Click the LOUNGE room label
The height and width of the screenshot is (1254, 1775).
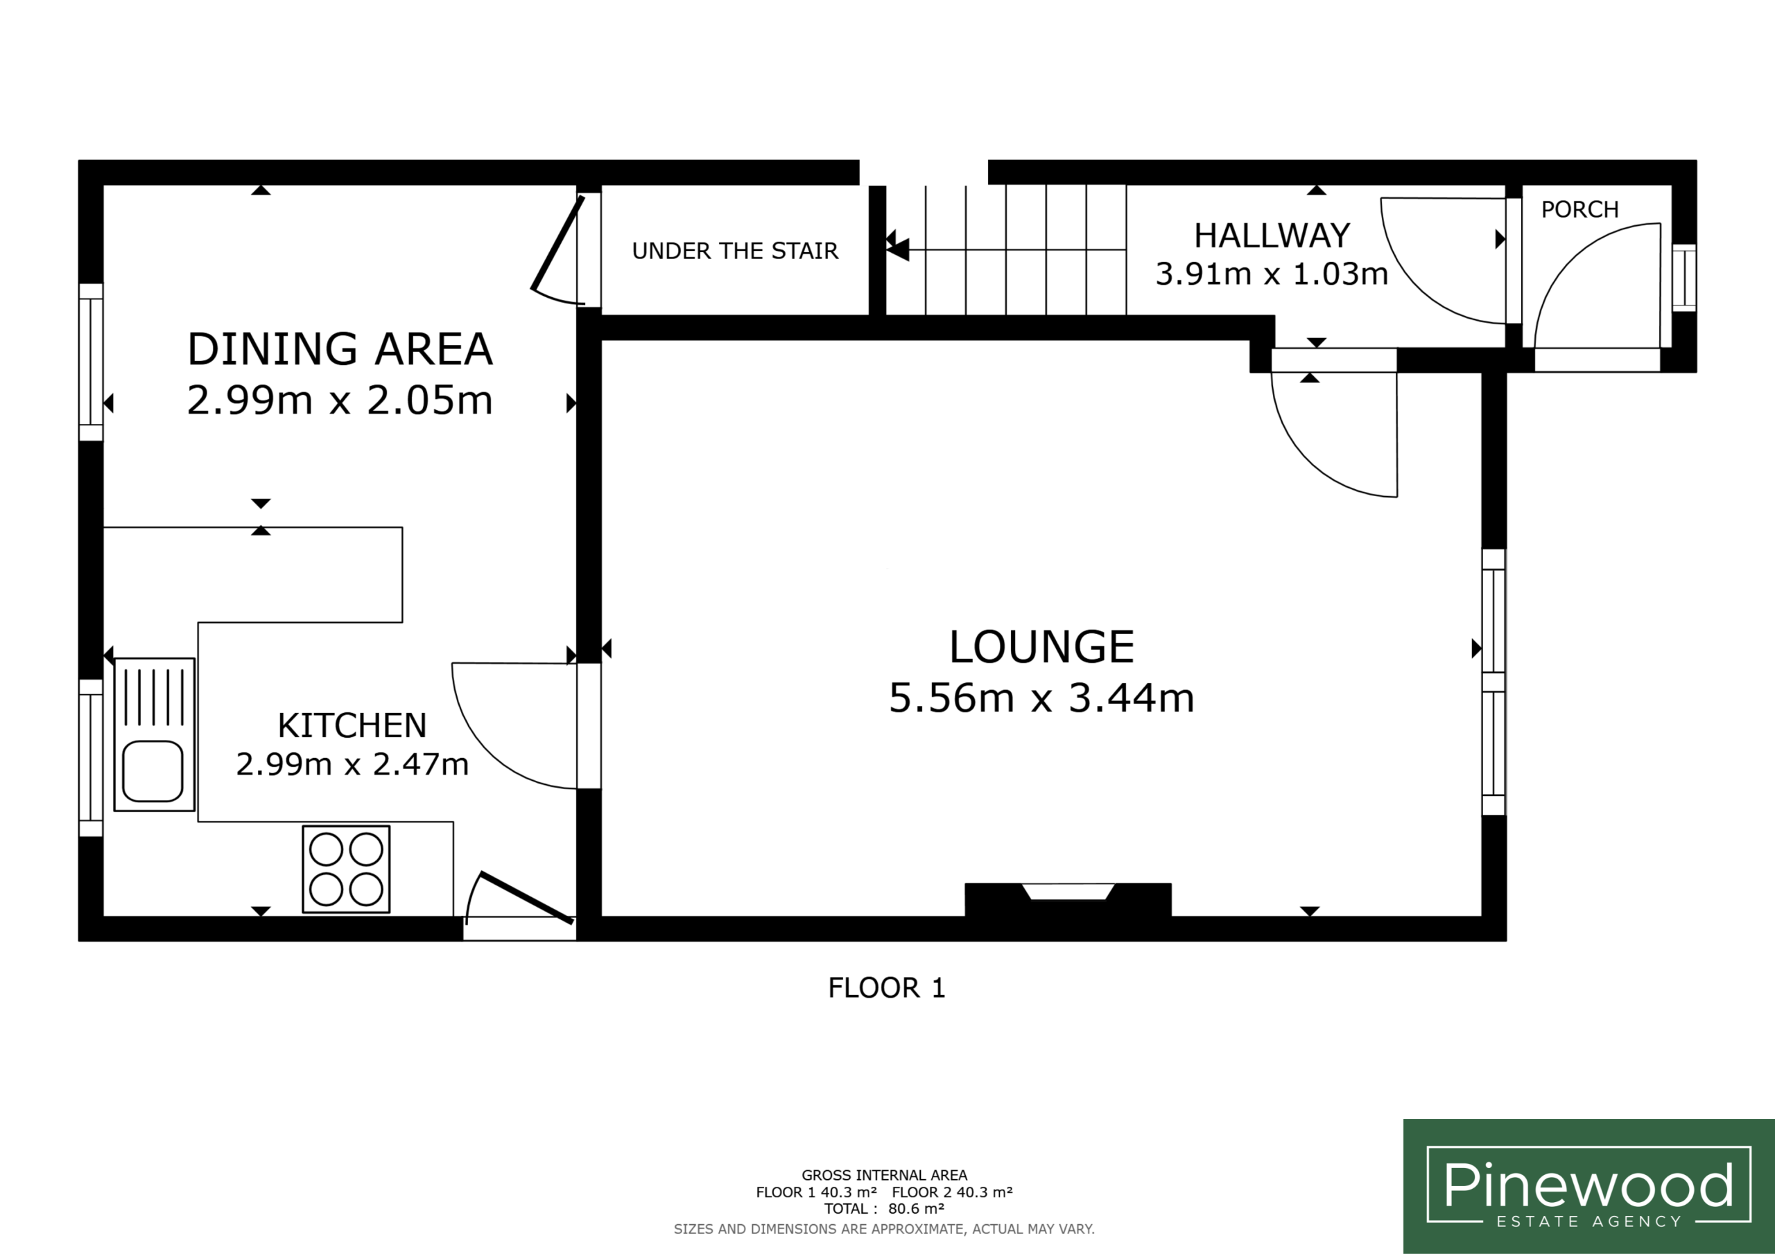(1041, 646)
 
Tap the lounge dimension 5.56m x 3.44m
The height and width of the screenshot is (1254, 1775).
(1041, 698)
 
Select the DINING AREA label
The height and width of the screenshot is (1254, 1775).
(340, 348)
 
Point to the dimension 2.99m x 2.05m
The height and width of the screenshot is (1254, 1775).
(340, 400)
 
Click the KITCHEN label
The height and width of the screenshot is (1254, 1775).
(352, 725)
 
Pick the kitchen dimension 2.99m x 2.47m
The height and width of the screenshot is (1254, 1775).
(352, 764)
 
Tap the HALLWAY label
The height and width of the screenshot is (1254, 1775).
(1272, 236)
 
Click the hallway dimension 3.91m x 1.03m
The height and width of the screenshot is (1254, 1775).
(1272, 274)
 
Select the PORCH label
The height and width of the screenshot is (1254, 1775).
(1579, 209)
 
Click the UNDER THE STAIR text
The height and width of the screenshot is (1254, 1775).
(735, 251)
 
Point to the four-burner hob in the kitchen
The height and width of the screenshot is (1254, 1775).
(345, 869)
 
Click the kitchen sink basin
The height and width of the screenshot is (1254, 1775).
(153, 771)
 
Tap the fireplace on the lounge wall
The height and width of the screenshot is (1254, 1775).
(1068, 900)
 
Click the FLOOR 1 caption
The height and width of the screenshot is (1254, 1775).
(887, 988)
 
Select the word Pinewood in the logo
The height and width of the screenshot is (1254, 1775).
(1588, 1185)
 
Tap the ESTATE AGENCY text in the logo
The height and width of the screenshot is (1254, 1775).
(1588, 1221)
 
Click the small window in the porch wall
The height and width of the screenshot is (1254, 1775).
(1685, 278)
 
